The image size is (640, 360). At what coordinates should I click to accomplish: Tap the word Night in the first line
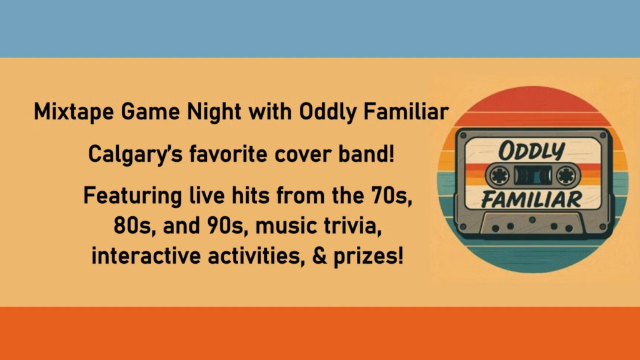tap(214, 112)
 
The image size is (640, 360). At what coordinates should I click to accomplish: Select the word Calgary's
tap(135, 155)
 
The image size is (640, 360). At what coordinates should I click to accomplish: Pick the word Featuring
tap(132, 196)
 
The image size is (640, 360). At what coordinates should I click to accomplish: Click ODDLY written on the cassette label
tap(531, 151)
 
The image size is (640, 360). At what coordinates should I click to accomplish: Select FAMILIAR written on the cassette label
tap(531, 199)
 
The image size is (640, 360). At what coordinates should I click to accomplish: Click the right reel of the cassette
tap(566, 176)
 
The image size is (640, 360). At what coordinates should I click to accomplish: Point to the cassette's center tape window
tap(532, 176)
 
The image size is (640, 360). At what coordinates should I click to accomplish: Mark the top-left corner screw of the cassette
tap(463, 136)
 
